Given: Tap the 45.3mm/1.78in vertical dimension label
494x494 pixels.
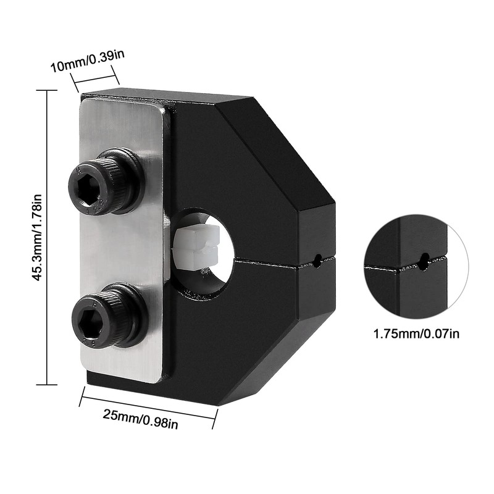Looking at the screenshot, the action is pyautogui.click(x=37, y=238).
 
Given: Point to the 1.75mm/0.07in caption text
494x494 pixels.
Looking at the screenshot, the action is pyautogui.click(x=416, y=333).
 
